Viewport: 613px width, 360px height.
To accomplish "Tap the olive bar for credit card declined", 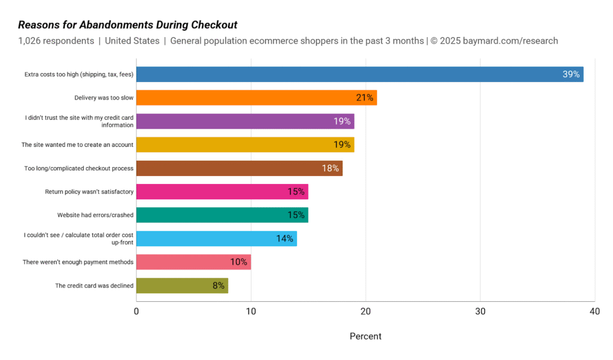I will click(182, 286).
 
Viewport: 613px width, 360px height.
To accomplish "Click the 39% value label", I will click(570, 74).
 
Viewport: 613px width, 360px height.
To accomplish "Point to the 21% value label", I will click(365, 98).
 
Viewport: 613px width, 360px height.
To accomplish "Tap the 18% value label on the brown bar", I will click(330, 168).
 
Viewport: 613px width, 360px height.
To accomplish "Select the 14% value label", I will click(285, 238).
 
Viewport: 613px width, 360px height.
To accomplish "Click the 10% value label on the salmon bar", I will click(239, 262).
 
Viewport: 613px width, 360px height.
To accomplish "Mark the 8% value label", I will click(219, 286).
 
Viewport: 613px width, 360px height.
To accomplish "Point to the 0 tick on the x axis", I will click(136, 311).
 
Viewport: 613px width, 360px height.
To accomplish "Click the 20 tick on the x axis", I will click(365, 311).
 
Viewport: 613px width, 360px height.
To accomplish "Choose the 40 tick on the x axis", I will click(594, 311).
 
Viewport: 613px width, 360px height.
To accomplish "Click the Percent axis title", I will click(365, 336).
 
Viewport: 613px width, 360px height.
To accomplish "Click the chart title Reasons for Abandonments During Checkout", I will click(128, 25).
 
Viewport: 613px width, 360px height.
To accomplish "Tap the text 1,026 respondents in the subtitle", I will click(56, 41).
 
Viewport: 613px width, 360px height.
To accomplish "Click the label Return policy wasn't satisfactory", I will click(89, 192).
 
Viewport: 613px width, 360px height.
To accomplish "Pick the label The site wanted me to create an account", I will click(77, 145).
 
